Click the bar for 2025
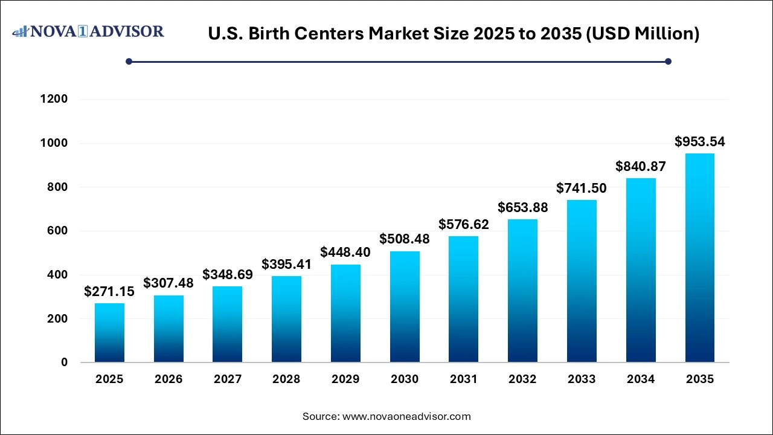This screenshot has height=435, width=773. point(109,333)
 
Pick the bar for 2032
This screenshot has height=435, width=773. point(522,291)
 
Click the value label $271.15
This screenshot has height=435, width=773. point(109,292)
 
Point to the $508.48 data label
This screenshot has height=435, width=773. point(405,239)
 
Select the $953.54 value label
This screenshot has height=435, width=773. point(700,142)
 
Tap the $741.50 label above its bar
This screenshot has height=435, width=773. point(582,188)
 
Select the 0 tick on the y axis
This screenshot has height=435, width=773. point(64,362)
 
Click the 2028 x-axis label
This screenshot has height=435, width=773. point(286,379)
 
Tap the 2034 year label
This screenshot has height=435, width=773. point(641,379)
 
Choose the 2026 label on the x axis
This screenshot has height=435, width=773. point(168,379)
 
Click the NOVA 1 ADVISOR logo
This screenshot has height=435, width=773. point(88,31)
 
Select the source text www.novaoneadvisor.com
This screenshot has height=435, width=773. point(406,416)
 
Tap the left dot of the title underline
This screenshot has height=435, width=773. point(129,61)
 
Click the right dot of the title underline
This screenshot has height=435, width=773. point(668,61)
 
